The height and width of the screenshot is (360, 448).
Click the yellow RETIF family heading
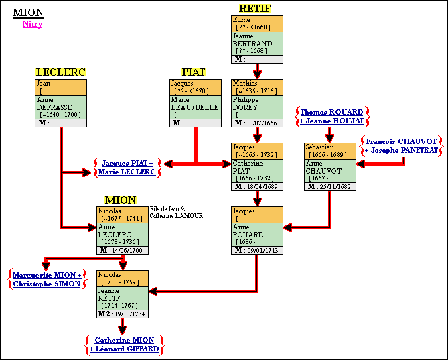click(x=254, y=9)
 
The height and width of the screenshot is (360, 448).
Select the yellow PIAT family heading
click(x=194, y=72)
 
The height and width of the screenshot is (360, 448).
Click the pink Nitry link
click(x=32, y=24)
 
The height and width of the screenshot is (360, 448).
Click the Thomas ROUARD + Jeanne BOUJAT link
click(x=331, y=116)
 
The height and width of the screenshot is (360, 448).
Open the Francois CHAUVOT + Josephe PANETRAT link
click(x=400, y=146)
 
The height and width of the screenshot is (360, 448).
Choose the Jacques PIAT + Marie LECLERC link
click(x=127, y=167)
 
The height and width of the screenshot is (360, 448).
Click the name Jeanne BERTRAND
click(x=252, y=40)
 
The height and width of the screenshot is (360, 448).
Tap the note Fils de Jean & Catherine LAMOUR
click(x=176, y=212)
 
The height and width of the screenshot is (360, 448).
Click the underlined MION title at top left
click(x=27, y=13)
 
